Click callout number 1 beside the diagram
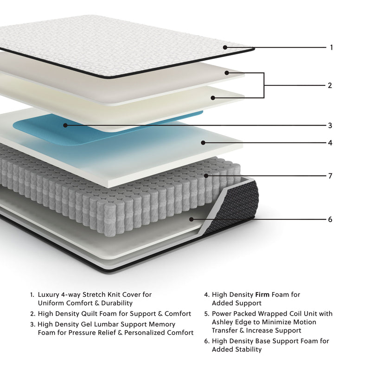tap(331, 47)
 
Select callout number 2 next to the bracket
tap(330, 85)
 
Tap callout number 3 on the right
tap(330, 125)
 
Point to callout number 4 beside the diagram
tap(330, 143)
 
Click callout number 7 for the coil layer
tap(330, 176)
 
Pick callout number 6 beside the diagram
tap(330, 219)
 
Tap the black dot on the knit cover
tap(225, 47)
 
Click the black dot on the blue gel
tap(65, 125)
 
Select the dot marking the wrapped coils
tap(206, 176)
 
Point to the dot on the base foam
tap(191, 219)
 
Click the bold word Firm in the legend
tap(263, 294)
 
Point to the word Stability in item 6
tap(246, 349)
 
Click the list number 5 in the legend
tap(206, 314)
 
